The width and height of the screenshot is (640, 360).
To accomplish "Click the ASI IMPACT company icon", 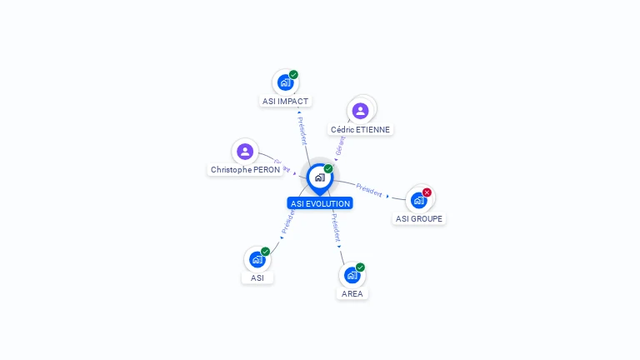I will (x=285, y=82).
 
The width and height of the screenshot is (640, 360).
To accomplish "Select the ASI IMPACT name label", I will (x=285, y=102).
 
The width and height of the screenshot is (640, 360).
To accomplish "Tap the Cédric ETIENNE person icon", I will (x=360, y=111).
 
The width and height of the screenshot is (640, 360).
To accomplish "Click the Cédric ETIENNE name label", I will (x=360, y=130).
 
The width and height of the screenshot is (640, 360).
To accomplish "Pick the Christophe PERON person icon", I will (x=244, y=151).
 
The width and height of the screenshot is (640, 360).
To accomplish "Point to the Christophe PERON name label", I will (x=245, y=170).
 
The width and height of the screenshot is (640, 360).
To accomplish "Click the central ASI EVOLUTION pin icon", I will (x=319, y=177).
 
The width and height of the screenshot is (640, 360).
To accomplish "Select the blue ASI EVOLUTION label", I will (x=320, y=203).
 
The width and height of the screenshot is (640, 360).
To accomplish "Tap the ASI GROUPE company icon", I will (x=418, y=200).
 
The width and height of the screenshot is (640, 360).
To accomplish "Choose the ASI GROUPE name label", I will (x=419, y=219).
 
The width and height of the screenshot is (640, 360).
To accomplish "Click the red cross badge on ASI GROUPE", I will (x=427, y=192).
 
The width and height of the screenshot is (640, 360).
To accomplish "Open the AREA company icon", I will (x=352, y=275).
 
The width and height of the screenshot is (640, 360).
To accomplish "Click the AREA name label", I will (x=352, y=294).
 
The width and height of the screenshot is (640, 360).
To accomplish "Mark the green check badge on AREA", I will (x=360, y=267).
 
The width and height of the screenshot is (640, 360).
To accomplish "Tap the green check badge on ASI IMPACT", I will (x=293, y=75).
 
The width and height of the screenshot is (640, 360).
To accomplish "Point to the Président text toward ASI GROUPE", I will (x=369, y=189).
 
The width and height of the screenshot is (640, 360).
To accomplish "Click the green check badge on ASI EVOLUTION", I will (x=328, y=169).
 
